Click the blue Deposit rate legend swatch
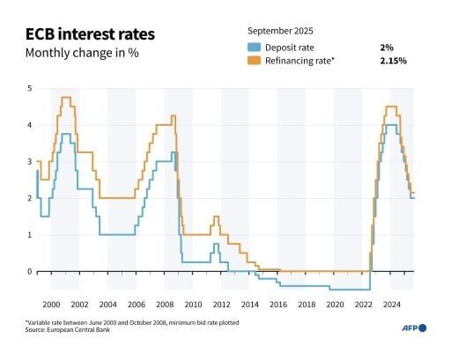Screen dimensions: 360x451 [x=255, y=47]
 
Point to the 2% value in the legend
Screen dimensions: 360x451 [x=384, y=47]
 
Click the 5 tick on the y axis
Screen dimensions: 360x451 [x=29, y=89]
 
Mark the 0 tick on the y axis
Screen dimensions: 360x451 [x=29, y=271]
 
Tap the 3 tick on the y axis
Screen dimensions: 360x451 [x=29, y=162]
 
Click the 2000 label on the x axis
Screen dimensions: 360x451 [x=52, y=304]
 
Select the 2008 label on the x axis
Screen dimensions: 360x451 [x=165, y=304]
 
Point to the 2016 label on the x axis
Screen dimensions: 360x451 [x=278, y=304]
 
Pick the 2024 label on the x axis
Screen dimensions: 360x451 [x=391, y=304]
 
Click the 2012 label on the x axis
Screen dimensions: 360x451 [x=221, y=304]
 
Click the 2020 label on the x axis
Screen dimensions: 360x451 [x=335, y=304]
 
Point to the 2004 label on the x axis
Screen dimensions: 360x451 [x=108, y=304]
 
